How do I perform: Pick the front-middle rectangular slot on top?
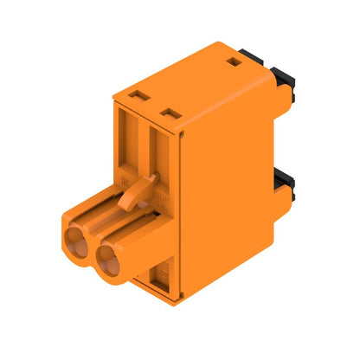coord(170,112)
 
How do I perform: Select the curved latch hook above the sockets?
coord(134,192)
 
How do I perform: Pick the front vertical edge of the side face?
coord(184,216)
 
